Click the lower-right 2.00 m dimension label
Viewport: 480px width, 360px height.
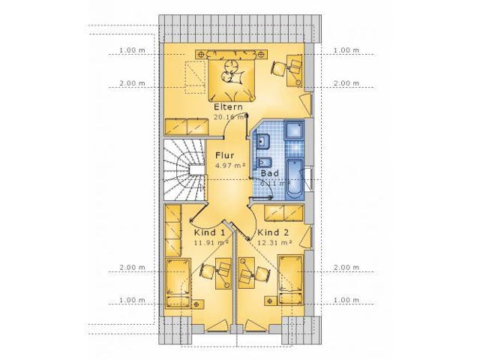[x=346, y=268]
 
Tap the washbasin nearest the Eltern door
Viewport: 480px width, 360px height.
[x=264, y=139]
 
